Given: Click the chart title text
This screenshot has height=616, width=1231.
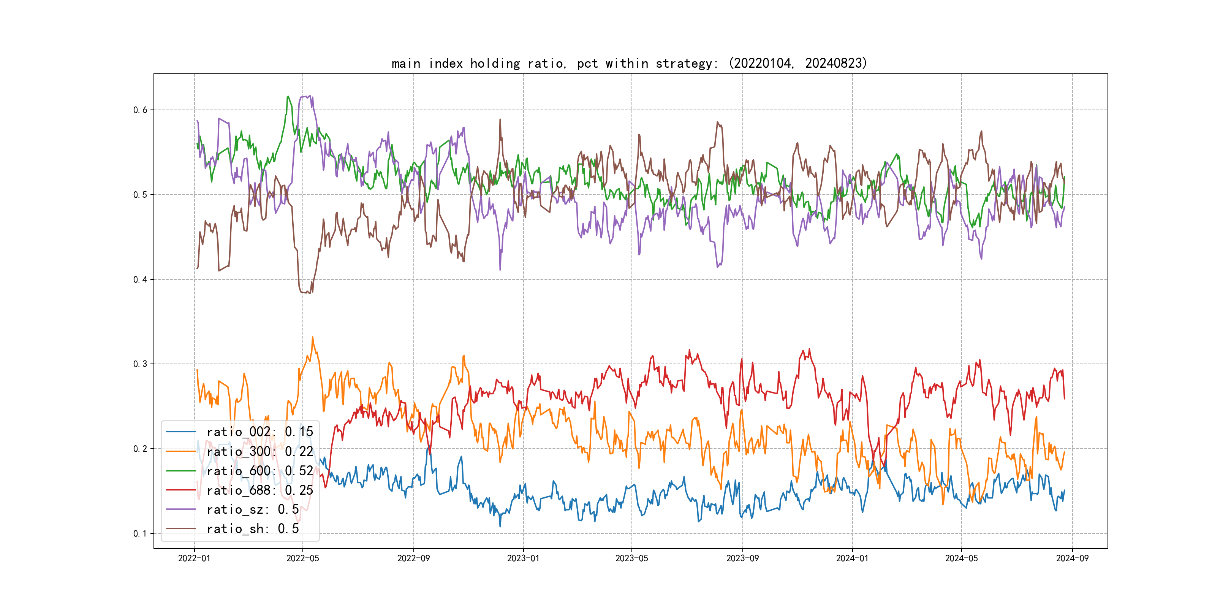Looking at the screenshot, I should click(x=629, y=63).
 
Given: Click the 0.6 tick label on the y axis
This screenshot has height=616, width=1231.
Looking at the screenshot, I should click(x=140, y=110).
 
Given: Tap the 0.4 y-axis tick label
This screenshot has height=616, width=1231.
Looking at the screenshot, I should click(x=140, y=279).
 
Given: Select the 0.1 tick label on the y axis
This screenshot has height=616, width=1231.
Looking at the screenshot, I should click(x=140, y=533).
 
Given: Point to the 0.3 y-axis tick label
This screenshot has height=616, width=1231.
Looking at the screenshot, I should click(x=140, y=364).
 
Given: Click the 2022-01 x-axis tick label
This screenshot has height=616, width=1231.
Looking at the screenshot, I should click(x=194, y=558).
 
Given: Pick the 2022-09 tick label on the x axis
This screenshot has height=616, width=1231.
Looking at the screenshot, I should click(x=413, y=558).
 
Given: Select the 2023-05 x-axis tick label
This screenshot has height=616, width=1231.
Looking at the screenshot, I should click(x=631, y=558).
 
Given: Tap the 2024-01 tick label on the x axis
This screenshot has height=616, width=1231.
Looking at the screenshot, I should click(x=852, y=558).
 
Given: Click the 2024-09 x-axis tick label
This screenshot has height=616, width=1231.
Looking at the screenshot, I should click(x=1072, y=558).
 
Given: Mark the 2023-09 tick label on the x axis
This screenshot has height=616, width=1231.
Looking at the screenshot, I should click(x=742, y=558).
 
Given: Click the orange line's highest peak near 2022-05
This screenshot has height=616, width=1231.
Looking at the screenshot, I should click(x=313, y=337).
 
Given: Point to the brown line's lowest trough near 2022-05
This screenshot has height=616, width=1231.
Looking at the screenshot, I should click(x=310, y=293).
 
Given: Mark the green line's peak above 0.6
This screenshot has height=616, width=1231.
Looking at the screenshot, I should click(x=288, y=97).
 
